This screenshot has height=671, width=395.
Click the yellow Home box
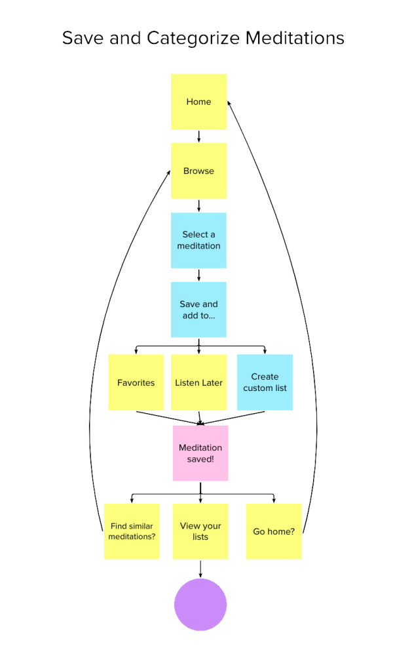(x=198, y=101)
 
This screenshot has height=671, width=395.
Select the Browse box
(x=198, y=171)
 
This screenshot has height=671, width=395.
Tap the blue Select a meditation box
(x=198, y=240)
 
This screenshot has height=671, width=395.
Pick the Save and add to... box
(x=198, y=310)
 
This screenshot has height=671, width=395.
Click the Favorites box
(x=136, y=382)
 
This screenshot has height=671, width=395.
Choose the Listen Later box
(x=198, y=382)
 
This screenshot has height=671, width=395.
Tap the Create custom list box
(x=265, y=382)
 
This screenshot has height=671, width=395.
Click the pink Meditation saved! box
(x=200, y=453)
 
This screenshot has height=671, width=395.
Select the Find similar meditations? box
(x=132, y=531)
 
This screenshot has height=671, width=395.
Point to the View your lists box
(x=200, y=531)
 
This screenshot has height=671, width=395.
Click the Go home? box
(x=274, y=531)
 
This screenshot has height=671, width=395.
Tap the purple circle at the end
(x=200, y=605)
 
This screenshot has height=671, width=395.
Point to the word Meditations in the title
(x=295, y=38)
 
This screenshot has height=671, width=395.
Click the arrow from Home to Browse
(x=198, y=136)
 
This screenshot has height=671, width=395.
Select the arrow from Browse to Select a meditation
(x=198, y=206)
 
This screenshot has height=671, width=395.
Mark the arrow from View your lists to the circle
(x=200, y=569)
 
